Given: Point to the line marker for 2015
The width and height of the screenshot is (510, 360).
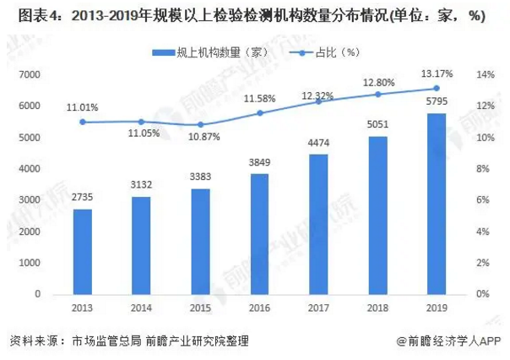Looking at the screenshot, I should click(201, 124).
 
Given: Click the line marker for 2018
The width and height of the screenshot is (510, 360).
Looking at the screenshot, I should click(377, 94).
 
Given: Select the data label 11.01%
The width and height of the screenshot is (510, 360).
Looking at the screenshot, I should click(83, 106).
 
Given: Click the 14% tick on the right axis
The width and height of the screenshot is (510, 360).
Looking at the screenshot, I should click(483, 75).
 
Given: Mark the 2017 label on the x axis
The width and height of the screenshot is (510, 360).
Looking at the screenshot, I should click(318, 308).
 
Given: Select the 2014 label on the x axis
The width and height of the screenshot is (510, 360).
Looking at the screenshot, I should click(142, 308).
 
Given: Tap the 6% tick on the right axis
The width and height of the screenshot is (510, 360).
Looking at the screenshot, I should click(480, 200).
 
